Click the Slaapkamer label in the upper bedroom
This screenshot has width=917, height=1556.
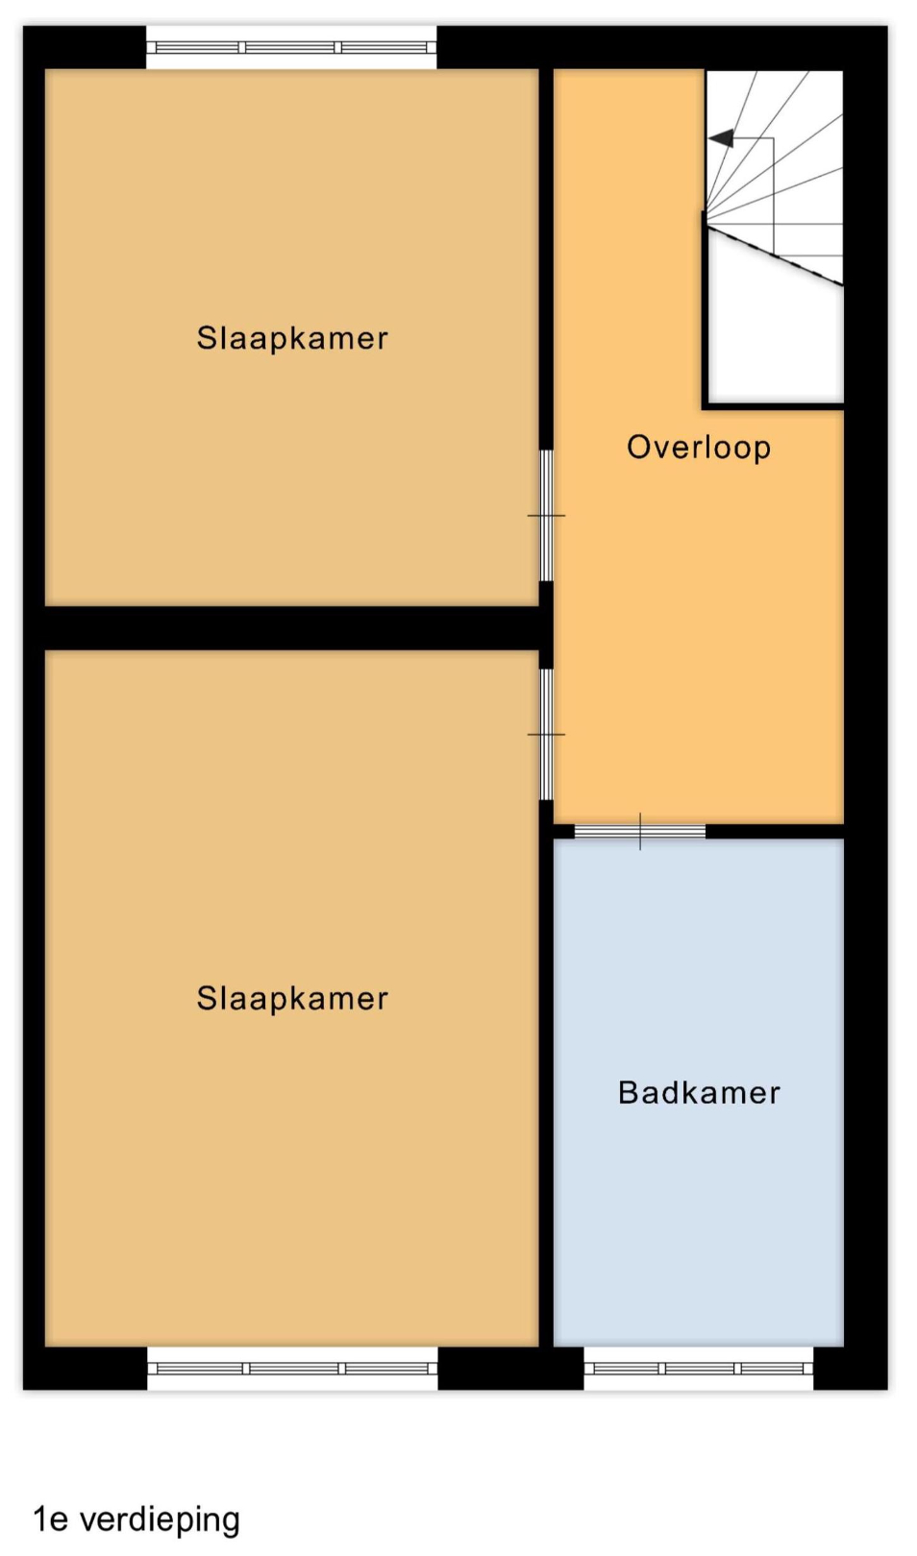292,339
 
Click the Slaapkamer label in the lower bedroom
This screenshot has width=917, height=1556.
292,999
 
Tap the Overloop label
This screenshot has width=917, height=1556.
699,448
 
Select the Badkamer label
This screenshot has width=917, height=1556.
699,1093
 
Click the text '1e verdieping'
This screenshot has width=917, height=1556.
136,1520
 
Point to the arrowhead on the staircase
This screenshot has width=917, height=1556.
721,138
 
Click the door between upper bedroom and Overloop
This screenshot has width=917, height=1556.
546,516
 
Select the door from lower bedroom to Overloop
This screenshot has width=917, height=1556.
546,734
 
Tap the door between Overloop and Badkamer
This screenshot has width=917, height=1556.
639,832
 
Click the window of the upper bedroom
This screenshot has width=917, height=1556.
291,47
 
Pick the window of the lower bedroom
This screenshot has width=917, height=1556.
292,1369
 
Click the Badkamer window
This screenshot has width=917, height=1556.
698,1369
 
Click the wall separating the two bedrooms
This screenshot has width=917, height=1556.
292,628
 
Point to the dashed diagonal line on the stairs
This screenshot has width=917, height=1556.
774,256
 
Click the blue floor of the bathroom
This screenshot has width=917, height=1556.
699,1180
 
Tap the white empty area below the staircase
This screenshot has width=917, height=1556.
776,340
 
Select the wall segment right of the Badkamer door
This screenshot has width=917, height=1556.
775,832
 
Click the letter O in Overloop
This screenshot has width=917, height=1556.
638,447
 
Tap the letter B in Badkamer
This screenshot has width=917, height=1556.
628,1093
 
